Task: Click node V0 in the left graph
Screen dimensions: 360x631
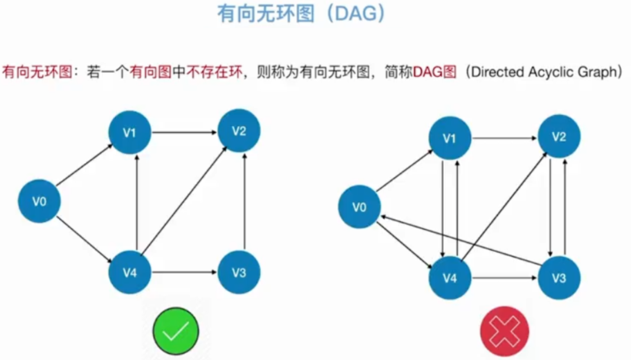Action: (39, 201)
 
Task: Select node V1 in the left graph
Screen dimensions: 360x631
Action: (130, 133)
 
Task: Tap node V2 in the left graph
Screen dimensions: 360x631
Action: (239, 131)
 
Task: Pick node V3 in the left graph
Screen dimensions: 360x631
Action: (239, 273)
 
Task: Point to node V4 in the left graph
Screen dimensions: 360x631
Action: (130, 273)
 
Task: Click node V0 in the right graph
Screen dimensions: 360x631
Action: (359, 207)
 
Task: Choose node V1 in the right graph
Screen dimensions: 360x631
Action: (450, 138)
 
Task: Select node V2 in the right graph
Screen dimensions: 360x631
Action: (559, 137)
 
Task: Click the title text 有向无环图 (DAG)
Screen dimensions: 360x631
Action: (302, 15)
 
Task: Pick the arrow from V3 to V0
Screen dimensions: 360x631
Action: (460, 239)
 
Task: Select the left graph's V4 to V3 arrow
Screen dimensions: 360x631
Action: (184, 273)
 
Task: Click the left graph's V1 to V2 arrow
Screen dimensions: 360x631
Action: (184, 133)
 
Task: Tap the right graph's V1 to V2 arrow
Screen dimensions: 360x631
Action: (504, 137)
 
